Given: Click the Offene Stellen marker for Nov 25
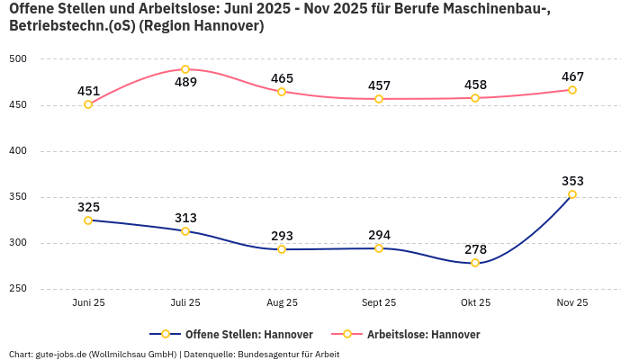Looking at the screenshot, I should click(x=572, y=194).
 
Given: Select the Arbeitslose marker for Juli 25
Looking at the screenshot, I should click(x=185, y=69).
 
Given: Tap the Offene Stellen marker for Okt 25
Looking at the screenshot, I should click(x=475, y=263).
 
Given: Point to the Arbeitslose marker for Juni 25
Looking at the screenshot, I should click(x=88, y=104).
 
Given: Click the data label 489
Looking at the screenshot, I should click(x=185, y=83).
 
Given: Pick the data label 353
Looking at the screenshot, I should click(x=572, y=181).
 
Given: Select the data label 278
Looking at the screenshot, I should click(x=475, y=249).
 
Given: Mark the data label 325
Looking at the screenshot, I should click(x=88, y=207).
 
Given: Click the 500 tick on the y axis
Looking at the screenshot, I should click(x=18, y=59).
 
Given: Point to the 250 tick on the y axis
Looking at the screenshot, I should click(x=18, y=289).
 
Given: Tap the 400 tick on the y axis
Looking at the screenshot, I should click(x=18, y=151).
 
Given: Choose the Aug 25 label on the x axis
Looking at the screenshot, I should click(x=282, y=303).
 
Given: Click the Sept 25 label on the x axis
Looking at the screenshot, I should click(x=379, y=303).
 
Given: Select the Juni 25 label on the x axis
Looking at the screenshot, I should click(x=88, y=303).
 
